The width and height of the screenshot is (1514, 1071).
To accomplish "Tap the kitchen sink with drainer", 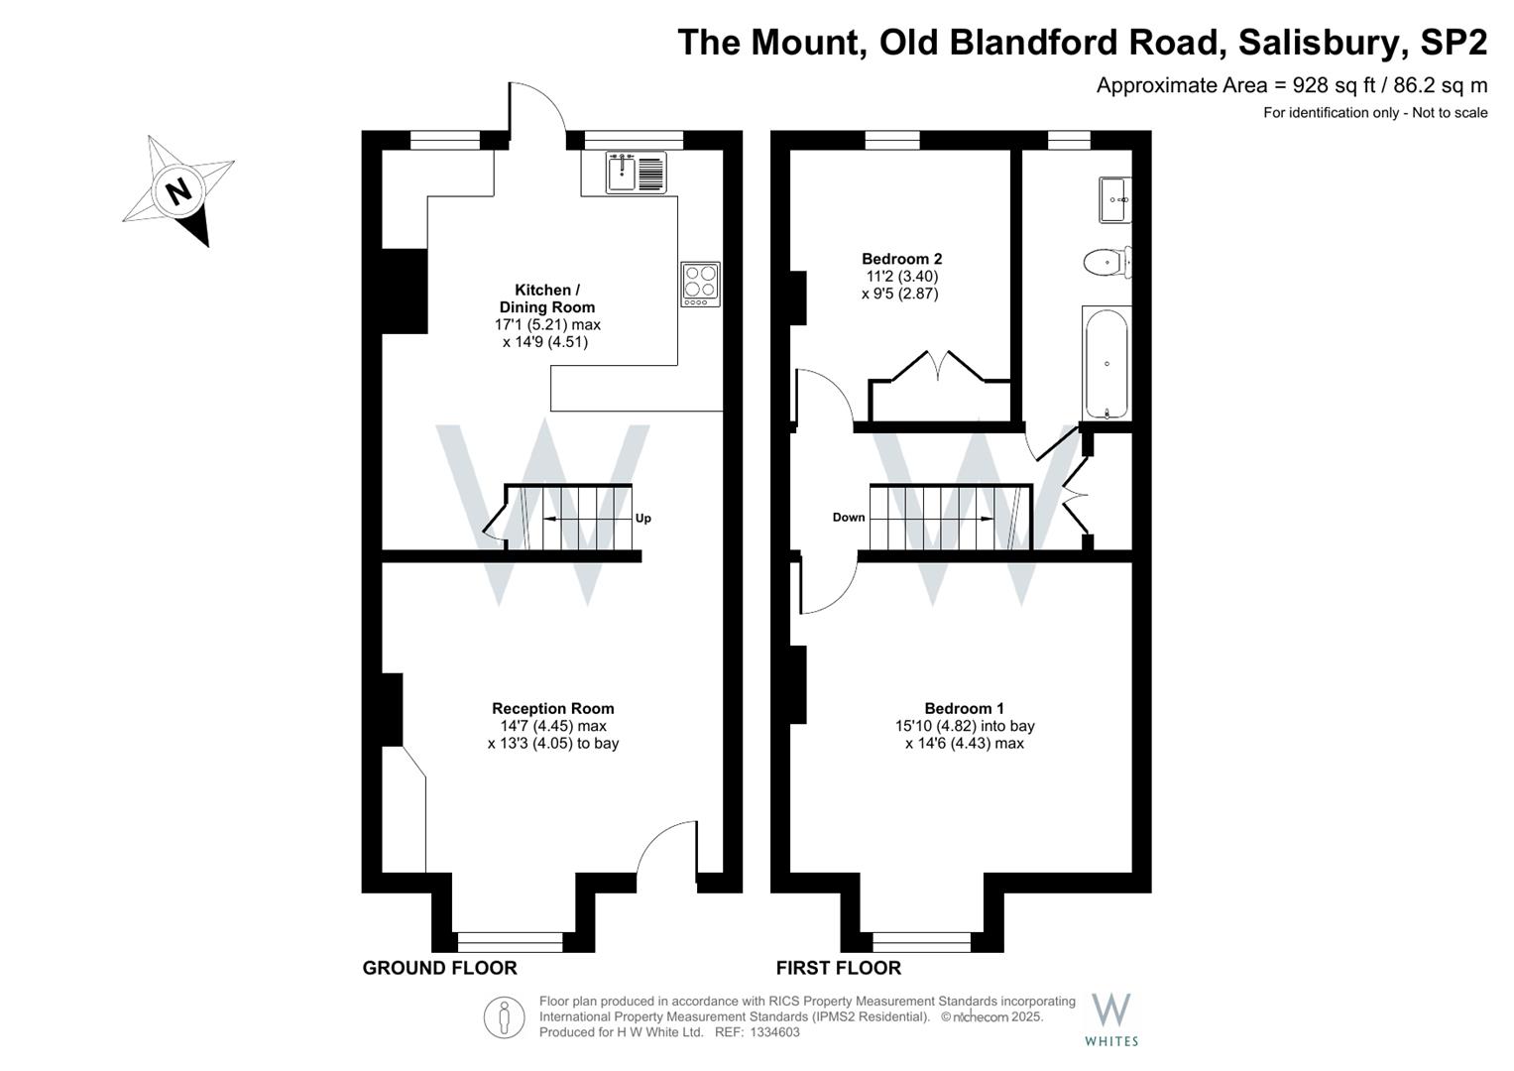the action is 636,172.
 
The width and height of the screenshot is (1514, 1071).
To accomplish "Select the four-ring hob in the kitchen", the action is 700,284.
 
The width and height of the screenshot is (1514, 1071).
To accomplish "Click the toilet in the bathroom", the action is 1107,263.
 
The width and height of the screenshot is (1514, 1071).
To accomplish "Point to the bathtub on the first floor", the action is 1106,364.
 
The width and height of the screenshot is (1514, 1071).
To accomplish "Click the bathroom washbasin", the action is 1115,199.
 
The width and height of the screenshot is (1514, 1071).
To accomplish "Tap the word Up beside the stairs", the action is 642,518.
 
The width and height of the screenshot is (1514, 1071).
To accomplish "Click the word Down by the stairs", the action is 849,518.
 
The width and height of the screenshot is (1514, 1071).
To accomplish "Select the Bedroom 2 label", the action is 901,258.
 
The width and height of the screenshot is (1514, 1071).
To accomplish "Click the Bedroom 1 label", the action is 964,708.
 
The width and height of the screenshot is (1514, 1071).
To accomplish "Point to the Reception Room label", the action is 553,708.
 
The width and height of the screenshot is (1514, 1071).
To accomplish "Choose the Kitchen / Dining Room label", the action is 546,298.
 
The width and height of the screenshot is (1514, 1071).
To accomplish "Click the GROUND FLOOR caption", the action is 440,968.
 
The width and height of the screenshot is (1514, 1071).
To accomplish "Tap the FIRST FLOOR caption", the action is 838,968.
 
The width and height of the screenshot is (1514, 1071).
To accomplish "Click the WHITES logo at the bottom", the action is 1111,1021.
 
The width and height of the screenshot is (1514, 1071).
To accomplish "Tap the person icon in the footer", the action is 505,1018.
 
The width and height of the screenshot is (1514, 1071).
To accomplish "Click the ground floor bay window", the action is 510,942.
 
